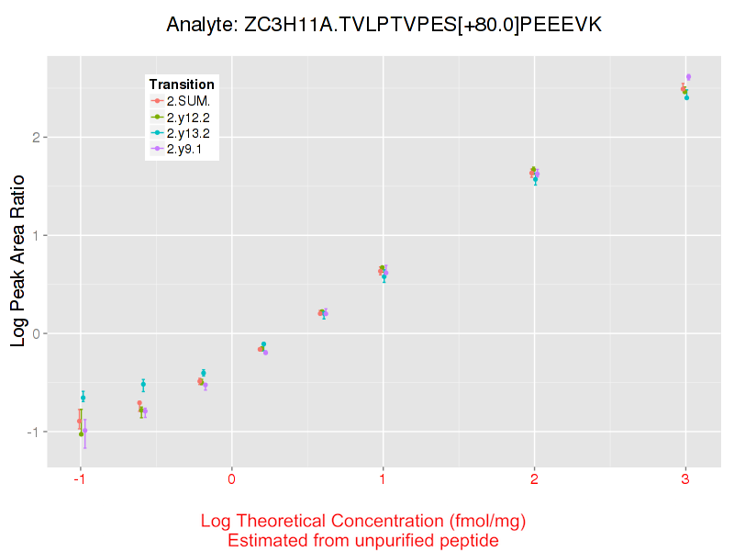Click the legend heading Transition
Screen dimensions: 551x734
[x=182, y=84]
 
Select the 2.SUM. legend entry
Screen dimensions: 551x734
[x=188, y=101]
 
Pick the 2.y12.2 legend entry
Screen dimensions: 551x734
[x=188, y=117]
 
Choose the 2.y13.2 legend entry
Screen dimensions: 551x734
[x=188, y=132]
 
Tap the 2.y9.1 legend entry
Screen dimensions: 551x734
[x=184, y=148]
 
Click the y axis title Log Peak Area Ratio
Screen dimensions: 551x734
[x=17, y=262]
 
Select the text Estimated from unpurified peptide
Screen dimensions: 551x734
[x=363, y=541]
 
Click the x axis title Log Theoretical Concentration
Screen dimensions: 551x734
[x=363, y=522]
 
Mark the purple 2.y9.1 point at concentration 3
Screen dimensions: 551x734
[x=688, y=77]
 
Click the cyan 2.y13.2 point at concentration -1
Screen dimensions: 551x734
[x=83, y=398]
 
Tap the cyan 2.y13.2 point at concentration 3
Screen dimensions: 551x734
[x=686, y=96]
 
